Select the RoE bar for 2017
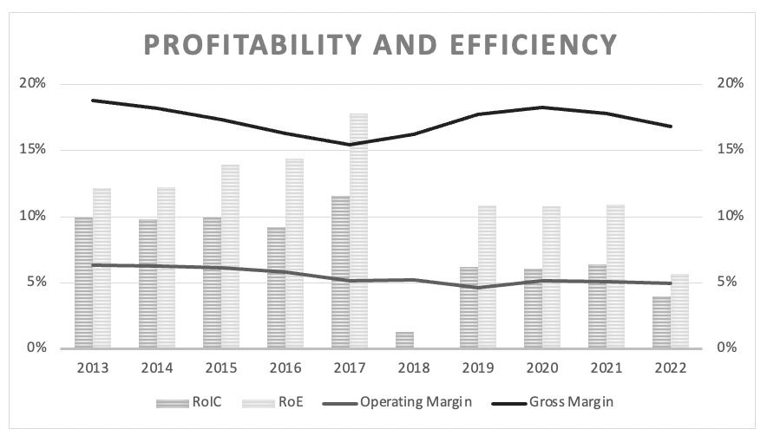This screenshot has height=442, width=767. coord(358,231)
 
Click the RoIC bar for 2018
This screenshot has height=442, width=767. coord(404,340)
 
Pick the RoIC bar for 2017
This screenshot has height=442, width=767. coord(340,272)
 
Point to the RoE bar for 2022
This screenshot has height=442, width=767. coord(679,311)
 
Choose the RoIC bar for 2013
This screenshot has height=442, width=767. coord(83,283)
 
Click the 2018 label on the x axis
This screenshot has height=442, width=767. coord(414,367)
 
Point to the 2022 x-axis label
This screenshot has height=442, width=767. coord(671,367)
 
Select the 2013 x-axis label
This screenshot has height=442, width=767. coord(93,367)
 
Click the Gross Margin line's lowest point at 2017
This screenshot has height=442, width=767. coord(350,145)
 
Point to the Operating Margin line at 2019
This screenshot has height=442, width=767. coord(478,288)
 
